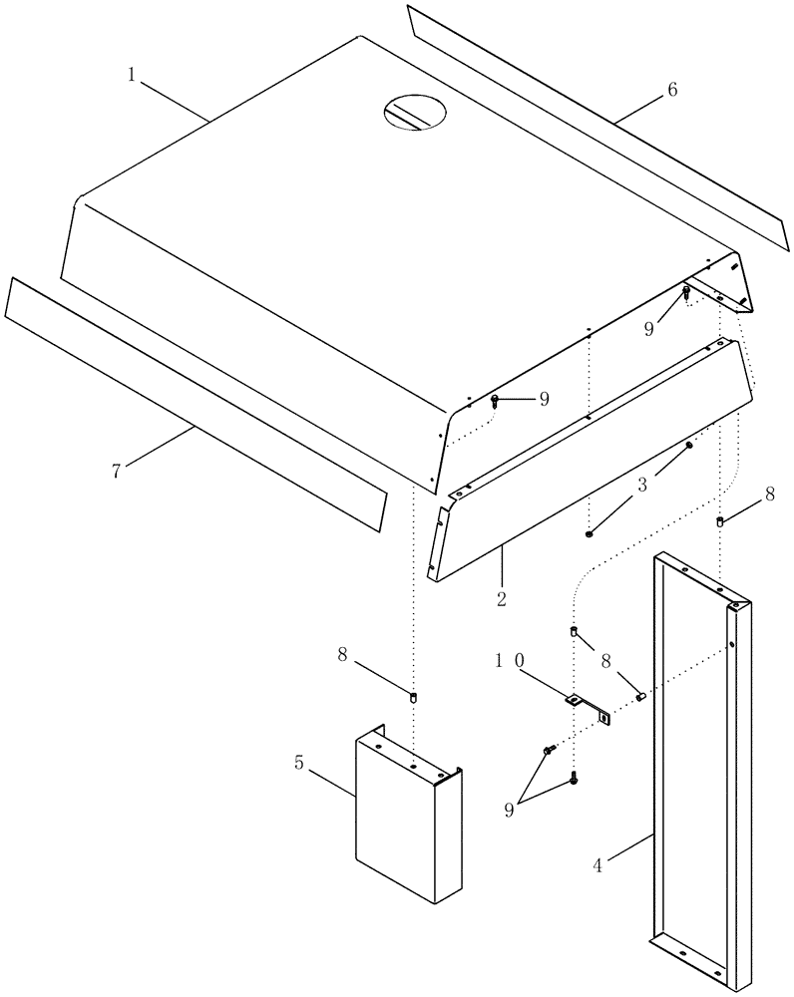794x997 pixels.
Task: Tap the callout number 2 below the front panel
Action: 501,599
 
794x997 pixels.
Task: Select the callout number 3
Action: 643,485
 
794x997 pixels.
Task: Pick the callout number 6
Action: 671,90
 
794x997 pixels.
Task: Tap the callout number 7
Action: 117,471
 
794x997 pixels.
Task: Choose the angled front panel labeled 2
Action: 589,459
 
